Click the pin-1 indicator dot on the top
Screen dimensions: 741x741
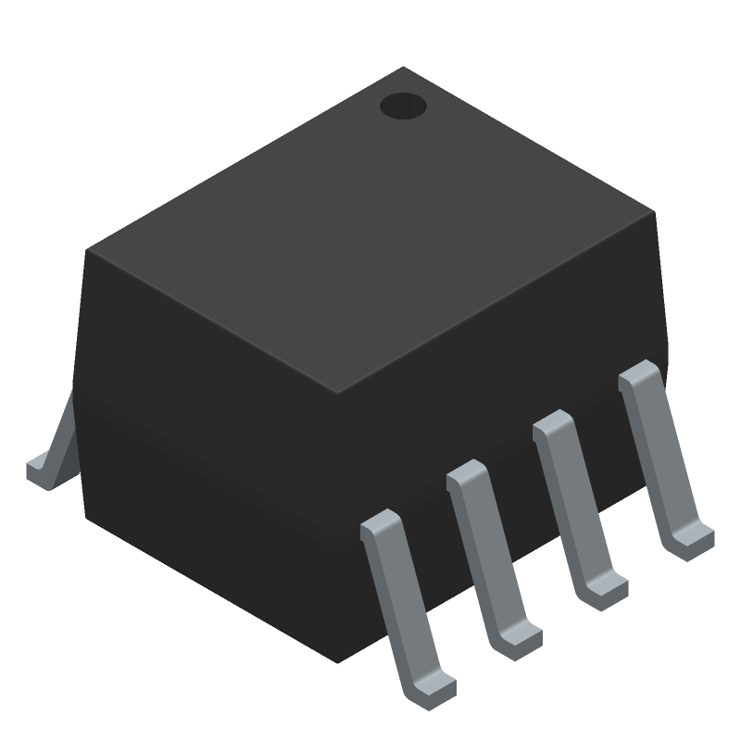point(403,107)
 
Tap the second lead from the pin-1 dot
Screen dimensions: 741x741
point(576,505)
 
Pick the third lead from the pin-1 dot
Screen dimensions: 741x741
point(491,556)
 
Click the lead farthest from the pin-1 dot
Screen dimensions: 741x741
point(406,607)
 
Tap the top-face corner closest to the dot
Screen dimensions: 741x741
point(402,69)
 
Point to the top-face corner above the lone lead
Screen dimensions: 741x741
point(88,250)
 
